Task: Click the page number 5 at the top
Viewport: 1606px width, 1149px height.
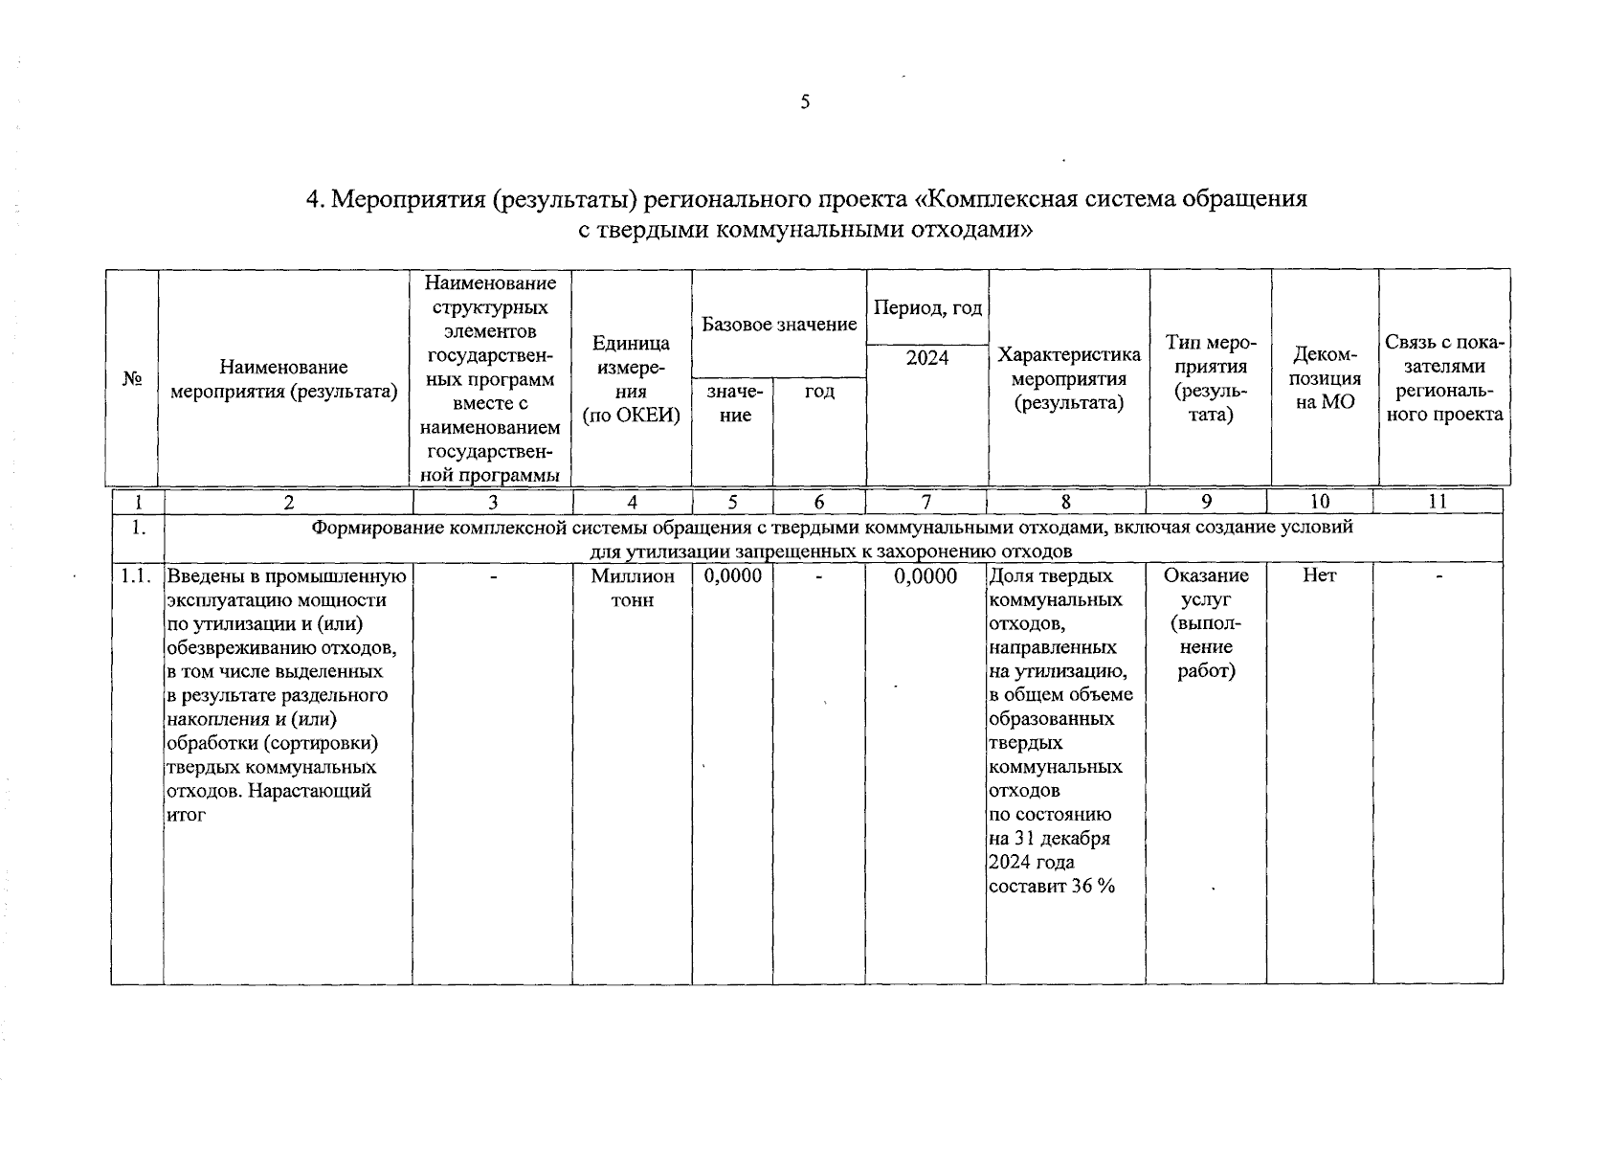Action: tap(805, 102)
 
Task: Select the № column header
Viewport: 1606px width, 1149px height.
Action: tap(132, 379)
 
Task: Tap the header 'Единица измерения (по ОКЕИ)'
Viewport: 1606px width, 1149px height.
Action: tap(632, 379)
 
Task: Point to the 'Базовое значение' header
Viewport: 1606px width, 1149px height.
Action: tap(779, 325)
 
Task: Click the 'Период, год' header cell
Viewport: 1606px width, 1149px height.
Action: tap(927, 308)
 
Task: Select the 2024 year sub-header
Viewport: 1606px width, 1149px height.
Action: tap(927, 358)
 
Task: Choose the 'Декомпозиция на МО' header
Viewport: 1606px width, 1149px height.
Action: tap(1325, 379)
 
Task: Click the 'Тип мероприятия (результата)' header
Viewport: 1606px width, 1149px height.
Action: tap(1210, 379)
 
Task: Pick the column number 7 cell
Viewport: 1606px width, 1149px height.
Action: tap(926, 502)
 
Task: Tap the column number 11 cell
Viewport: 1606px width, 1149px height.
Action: tap(1438, 502)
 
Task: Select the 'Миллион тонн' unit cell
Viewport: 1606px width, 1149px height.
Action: tap(633, 588)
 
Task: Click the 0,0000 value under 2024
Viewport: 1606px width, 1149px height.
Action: tap(926, 575)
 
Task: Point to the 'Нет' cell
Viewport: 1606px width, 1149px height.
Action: tap(1319, 575)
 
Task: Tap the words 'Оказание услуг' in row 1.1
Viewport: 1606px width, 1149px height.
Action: tap(1206, 587)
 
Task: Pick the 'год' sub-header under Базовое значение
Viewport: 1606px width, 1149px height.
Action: tap(819, 392)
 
